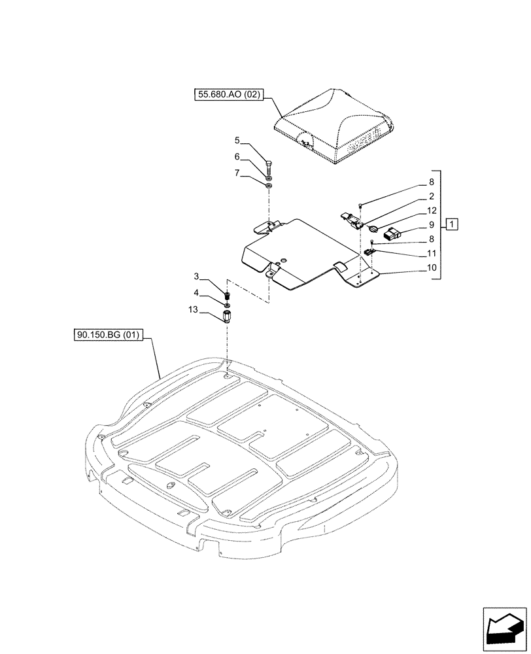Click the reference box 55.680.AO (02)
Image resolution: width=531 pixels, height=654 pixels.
click(229, 95)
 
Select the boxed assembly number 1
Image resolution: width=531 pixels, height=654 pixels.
click(453, 225)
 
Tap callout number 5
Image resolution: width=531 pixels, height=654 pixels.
click(238, 140)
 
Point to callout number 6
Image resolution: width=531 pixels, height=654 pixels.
click(238, 157)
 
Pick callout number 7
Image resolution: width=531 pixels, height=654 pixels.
click(238, 174)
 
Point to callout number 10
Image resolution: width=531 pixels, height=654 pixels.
click(432, 267)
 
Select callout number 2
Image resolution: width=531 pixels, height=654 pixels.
click(432, 196)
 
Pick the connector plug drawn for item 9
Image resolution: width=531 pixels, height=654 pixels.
click(394, 233)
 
